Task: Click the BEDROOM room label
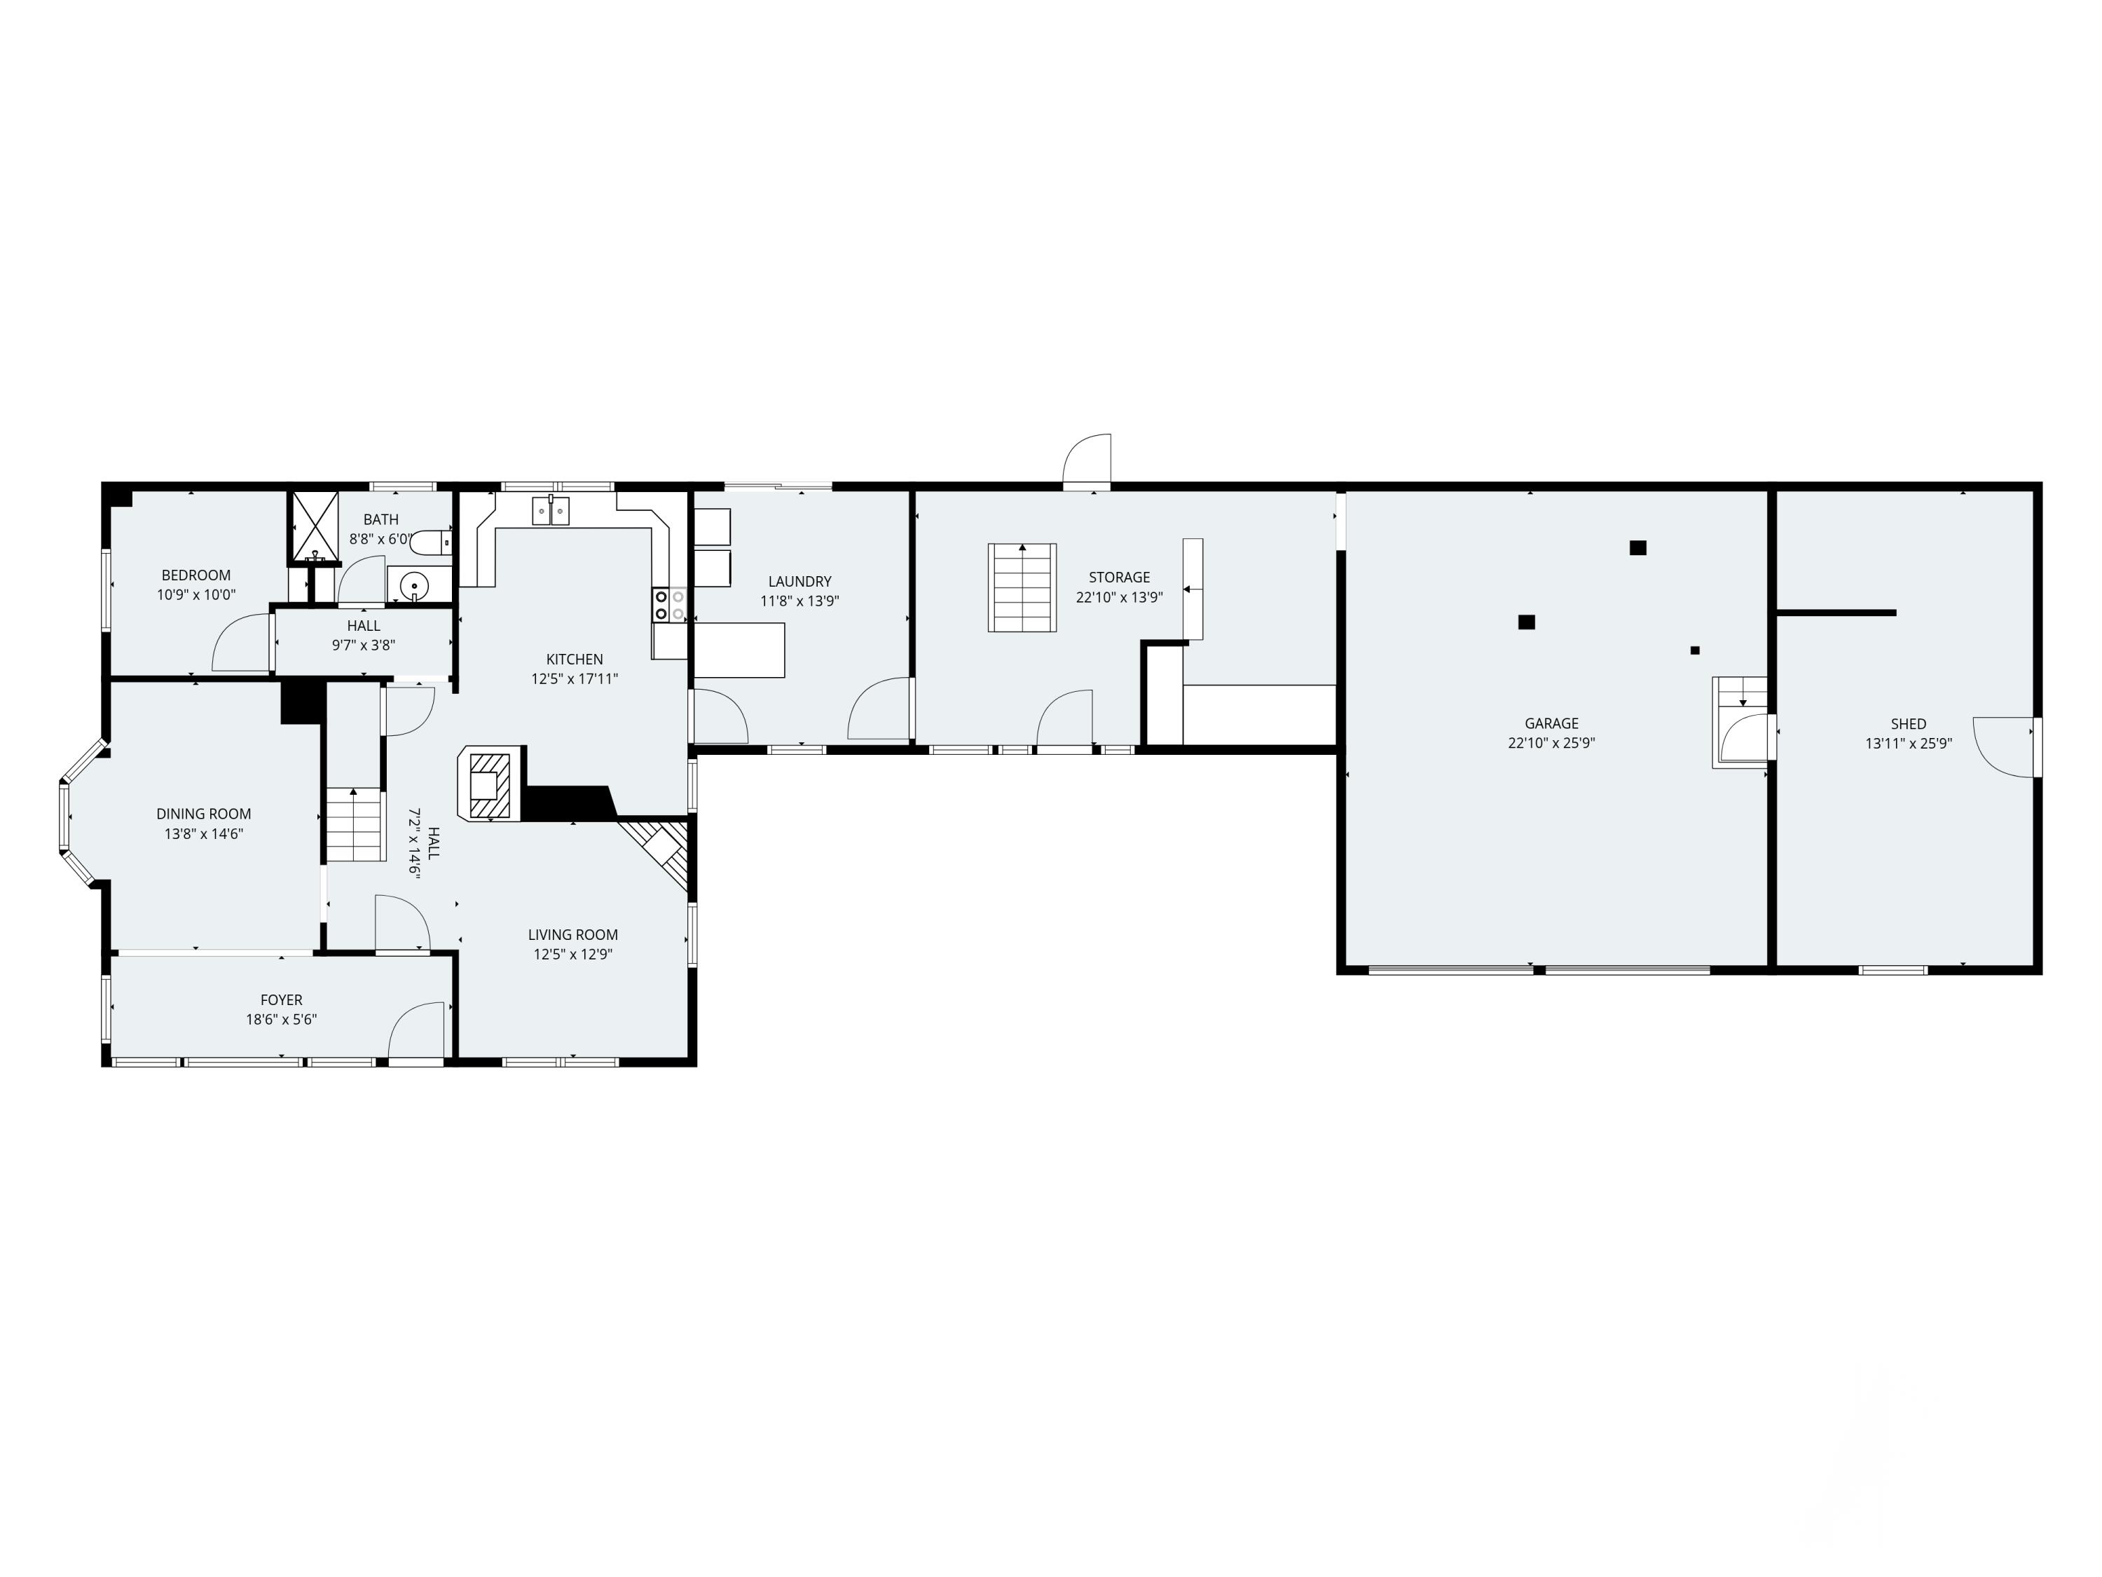[x=195, y=575]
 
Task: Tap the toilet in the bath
[x=432, y=542]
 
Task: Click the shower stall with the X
[x=314, y=526]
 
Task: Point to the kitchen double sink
[x=551, y=510]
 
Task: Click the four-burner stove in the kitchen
[x=669, y=606]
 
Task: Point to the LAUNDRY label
[x=799, y=581]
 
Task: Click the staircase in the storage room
[x=1022, y=587]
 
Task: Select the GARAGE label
[x=1551, y=723]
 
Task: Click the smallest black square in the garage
[x=1694, y=650]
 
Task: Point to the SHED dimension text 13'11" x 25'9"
[x=1907, y=744]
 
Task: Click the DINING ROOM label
[x=203, y=814]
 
